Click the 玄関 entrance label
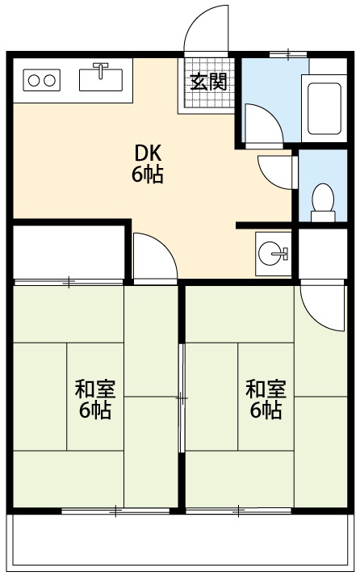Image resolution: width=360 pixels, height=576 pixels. [208, 82]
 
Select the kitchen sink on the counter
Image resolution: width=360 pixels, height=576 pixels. [101, 78]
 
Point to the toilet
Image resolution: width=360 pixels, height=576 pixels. [323, 200]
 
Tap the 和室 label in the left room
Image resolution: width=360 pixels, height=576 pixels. [95, 389]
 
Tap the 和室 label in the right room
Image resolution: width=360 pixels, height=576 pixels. [266, 389]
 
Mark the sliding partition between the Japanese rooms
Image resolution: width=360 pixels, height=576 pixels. [182, 397]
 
